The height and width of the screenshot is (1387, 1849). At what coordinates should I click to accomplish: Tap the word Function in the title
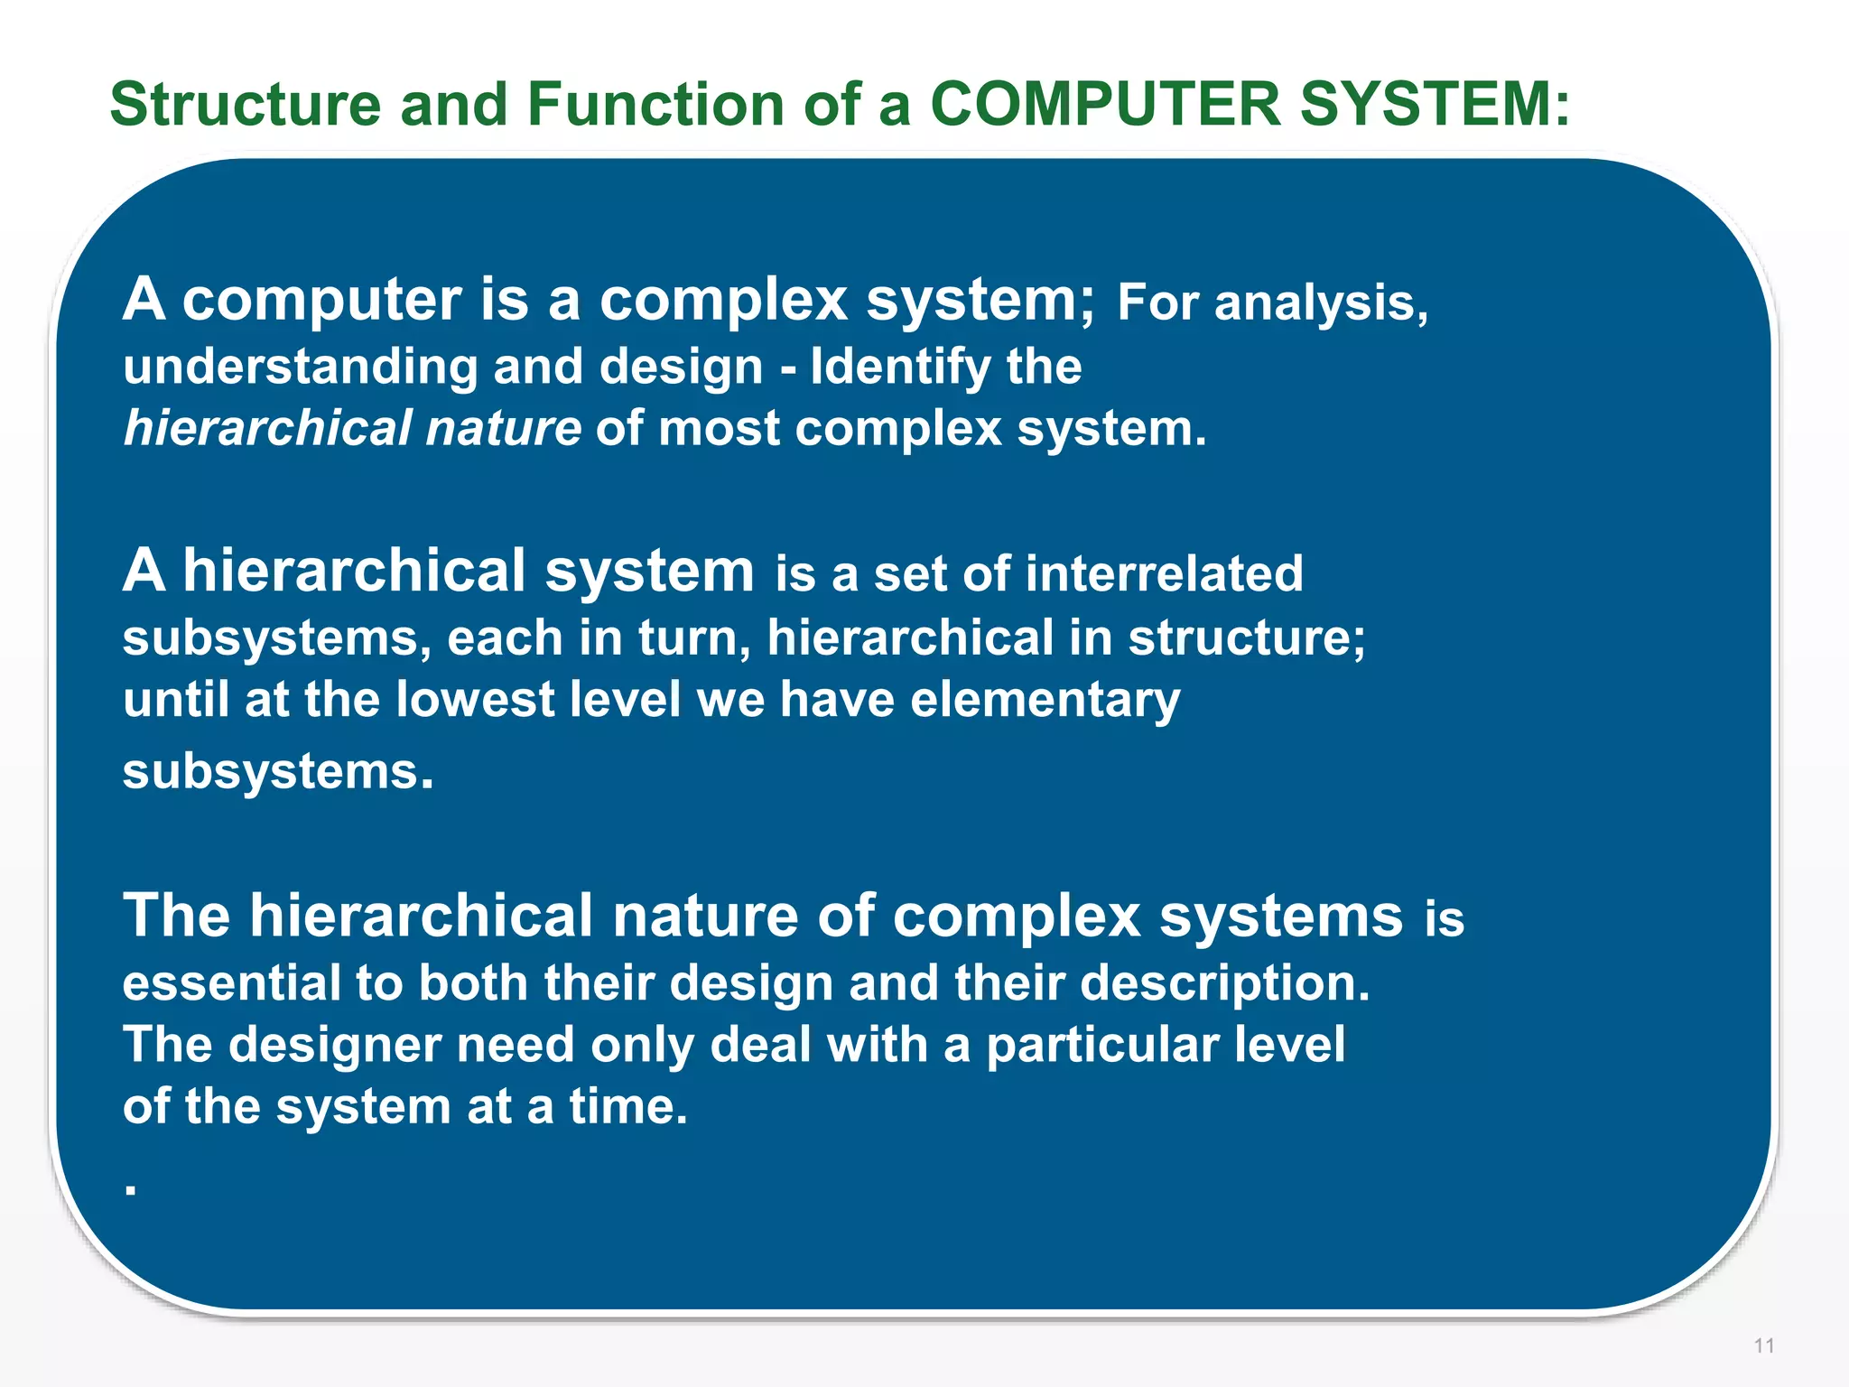pos(656,105)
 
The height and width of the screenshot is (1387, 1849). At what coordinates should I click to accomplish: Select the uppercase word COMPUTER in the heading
pos(1106,105)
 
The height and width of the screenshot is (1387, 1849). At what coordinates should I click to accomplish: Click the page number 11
pos(1764,1345)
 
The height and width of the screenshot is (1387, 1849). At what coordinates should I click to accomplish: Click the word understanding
pos(300,368)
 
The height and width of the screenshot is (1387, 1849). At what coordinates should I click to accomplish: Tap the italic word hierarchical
pos(267,428)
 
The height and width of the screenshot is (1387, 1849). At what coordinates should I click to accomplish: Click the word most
pos(719,428)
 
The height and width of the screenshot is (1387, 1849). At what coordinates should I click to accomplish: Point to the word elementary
pos(1045,700)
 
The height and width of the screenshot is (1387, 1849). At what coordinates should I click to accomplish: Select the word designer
pos(334,1045)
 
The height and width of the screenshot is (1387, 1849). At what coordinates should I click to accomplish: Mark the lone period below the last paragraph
pos(131,1191)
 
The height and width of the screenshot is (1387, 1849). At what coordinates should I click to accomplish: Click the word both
pos(472,982)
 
